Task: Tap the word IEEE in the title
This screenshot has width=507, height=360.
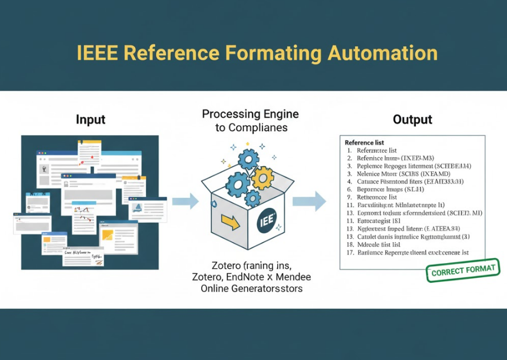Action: tap(97, 53)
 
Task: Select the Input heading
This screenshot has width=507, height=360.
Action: tap(90, 120)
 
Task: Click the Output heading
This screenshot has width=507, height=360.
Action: tap(413, 119)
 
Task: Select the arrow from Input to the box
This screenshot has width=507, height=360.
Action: tap(185, 201)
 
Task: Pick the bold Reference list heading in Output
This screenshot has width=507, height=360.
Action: tap(364, 143)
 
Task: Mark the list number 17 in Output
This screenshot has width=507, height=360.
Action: tap(350, 253)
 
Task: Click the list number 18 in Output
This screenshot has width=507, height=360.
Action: tap(350, 245)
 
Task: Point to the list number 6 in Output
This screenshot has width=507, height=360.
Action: tap(350, 190)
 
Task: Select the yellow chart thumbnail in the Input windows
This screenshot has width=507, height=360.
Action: tap(108, 234)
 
